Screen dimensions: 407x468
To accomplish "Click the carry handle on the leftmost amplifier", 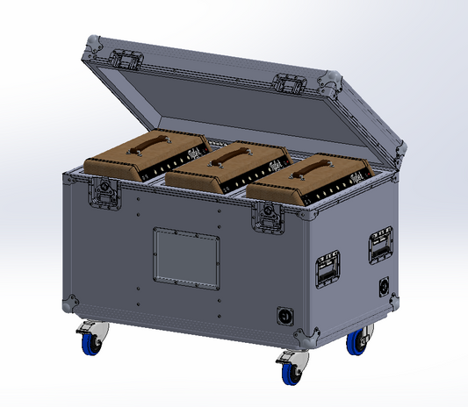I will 148,148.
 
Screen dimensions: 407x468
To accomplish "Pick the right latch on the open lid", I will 287,84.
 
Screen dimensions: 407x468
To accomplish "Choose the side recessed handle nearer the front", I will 328,267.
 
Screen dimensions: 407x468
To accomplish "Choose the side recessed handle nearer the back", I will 381,245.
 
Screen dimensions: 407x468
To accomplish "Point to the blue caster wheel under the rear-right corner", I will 358,342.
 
